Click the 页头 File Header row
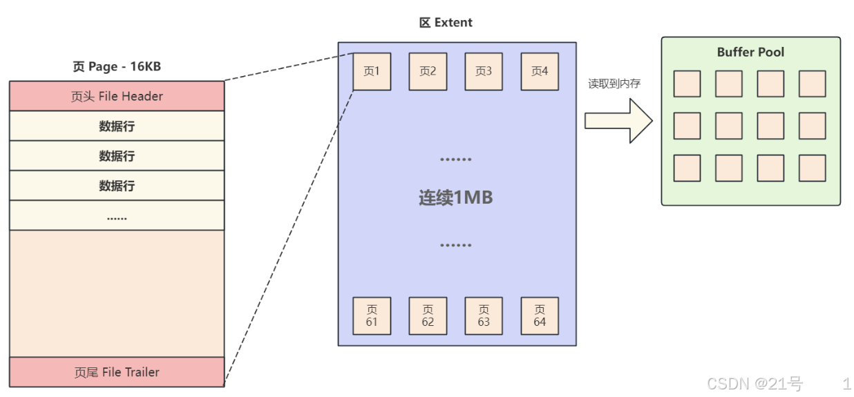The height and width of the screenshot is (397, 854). [117, 96]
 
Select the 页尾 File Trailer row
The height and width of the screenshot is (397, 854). [117, 372]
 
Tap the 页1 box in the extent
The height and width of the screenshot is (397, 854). [372, 71]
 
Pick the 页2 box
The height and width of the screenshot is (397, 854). [428, 71]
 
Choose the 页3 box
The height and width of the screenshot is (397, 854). [484, 71]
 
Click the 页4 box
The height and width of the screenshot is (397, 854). [540, 71]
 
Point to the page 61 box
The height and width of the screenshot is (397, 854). [372, 316]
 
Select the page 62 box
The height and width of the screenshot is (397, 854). [428, 316]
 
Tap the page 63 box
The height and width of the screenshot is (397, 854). [484, 316]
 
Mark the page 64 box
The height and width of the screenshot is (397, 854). [540, 316]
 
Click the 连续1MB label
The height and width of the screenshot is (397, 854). [455, 198]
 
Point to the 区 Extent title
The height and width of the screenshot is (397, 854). [446, 23]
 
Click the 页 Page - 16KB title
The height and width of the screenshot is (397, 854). [117, 67]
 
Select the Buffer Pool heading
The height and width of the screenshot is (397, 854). [750, 52]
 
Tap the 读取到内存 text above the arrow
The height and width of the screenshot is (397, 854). [614, 84]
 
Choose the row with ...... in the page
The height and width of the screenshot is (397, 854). [117, 215]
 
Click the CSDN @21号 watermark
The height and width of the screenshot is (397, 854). [755, 384]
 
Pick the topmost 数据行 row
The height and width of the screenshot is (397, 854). [117, 126]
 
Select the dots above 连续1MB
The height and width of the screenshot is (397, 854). [455, 159]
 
